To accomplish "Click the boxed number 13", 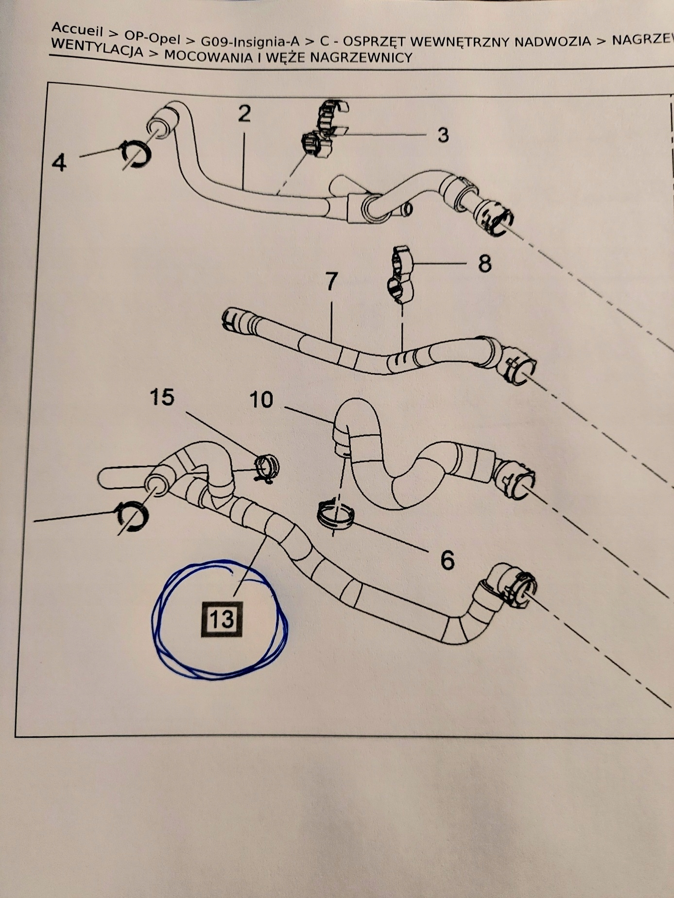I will [222, 619].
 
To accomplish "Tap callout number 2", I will [244, 114].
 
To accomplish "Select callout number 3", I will [443, 135].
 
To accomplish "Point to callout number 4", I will [59, 162].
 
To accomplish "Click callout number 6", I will [447, 560].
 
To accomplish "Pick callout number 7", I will [331, 282].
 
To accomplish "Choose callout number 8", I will [484, 264].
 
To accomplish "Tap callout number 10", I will [261, 400].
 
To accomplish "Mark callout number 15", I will [162, 397].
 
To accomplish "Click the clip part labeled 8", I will [401, 274].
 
